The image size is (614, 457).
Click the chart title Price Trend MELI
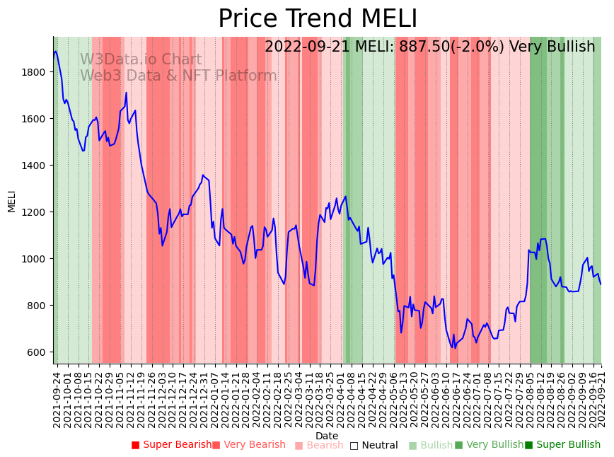tap(318, 19)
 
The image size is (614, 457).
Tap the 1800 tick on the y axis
tap(35, 72)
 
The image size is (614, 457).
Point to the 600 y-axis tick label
tap(37, 352)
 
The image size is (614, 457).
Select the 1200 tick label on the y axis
tap(35, 212)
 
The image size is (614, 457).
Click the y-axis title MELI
tap(11, 201)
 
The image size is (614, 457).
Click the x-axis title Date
tap(327, 436)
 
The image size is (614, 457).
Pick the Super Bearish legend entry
tap(171, 445)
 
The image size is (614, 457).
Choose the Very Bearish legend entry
tap(248, 445)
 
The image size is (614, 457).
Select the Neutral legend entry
tap(373, 445)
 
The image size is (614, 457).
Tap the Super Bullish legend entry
tap(562, 445)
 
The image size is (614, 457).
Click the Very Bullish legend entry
tap(489, 445)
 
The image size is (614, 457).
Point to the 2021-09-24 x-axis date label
tap(57, 400)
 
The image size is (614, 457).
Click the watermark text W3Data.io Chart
tap(141, 60)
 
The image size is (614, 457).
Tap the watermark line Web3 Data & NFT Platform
tap(178, 76)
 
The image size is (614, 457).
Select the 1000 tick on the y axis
tap(35, 259)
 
